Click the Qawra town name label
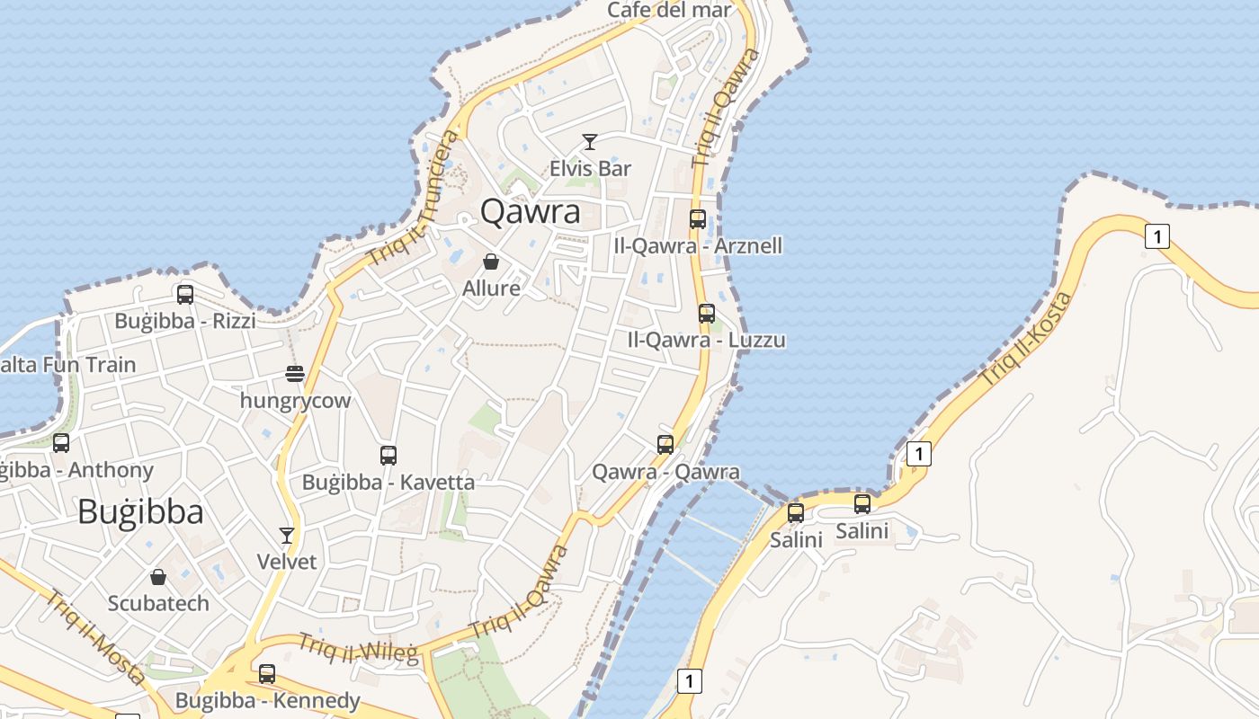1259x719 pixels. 531,211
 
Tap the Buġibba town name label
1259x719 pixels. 140,511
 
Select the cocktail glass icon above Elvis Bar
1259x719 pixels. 590,142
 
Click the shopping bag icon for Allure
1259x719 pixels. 491,262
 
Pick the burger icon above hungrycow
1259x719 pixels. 295,373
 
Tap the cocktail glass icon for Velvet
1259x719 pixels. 287,536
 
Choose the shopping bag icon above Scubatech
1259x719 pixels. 158,576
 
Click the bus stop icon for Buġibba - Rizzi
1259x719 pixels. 185,294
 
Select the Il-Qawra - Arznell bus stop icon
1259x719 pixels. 698,218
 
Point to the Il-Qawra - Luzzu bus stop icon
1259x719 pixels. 707,313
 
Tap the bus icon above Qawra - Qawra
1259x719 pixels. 665,444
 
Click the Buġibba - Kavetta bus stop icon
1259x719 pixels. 388,455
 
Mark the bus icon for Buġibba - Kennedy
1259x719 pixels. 267,673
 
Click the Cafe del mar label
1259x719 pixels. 670,10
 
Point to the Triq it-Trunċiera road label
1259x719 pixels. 414,199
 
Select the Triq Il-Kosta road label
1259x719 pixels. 1026,339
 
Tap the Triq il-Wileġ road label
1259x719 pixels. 359,648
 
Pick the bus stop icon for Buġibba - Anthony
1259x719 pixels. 61,442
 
